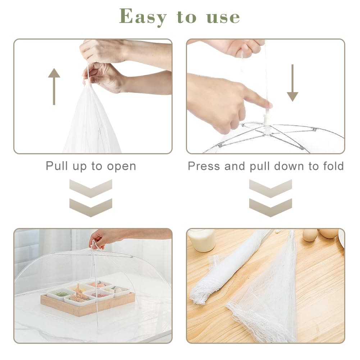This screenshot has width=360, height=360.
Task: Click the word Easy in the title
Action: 143,17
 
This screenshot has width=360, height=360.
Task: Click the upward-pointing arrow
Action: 54,86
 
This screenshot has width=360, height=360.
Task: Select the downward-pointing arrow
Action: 292,83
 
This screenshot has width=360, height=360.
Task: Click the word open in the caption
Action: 122,166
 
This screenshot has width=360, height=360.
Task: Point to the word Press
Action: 204,166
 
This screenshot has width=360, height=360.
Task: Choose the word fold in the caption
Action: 332,166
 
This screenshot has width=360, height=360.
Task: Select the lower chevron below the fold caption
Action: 270,208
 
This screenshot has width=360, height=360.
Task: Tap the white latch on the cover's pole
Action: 266,119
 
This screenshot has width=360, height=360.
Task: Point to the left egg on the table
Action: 310,235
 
